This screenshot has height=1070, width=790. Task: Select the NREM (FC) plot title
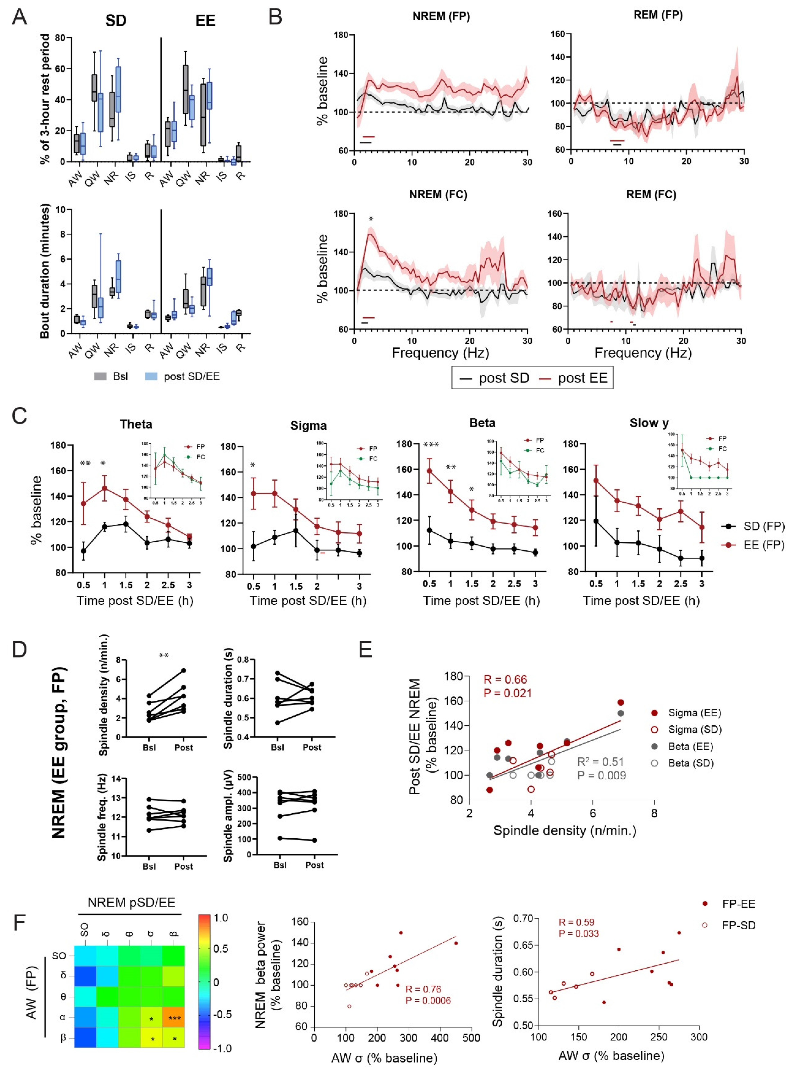[x=438, y=195]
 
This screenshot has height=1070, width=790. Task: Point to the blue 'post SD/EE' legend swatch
[x=151, y=377]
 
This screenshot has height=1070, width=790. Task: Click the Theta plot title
[x=136, y=424]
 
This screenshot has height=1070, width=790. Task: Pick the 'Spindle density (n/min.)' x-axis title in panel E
[x=565, y=830]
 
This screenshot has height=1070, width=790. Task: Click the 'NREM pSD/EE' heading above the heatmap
[x=132, y=902]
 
